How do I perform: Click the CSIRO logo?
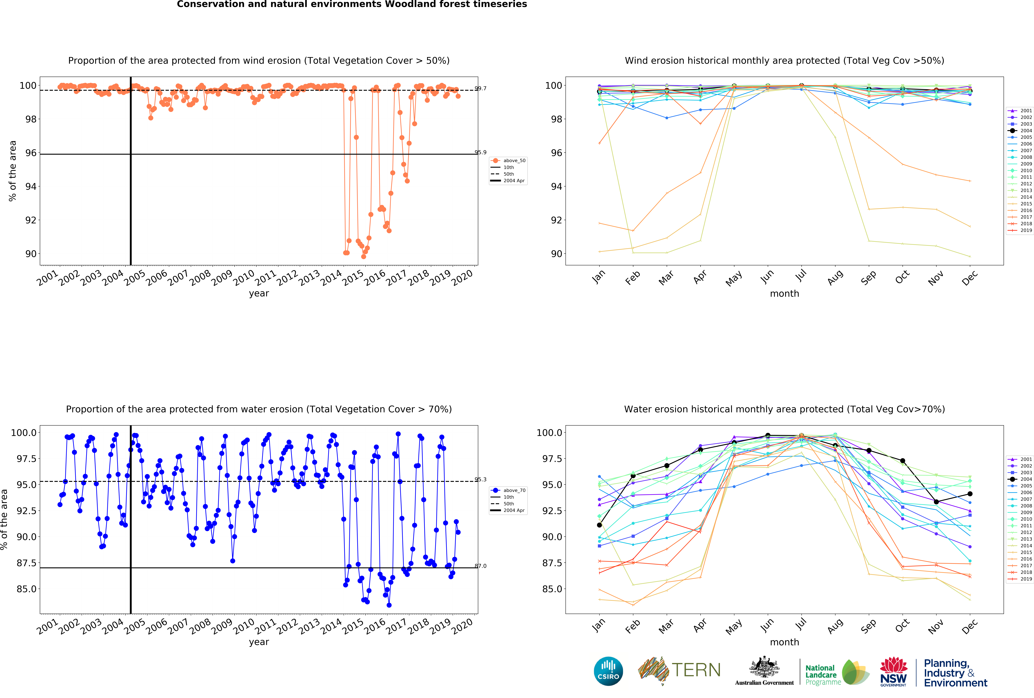click(x=608, y=671)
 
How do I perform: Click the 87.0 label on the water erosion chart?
click(x=481, y=566)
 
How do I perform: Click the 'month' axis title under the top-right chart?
click(x=784, y=293)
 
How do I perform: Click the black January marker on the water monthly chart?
click(x=599, y=525)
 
